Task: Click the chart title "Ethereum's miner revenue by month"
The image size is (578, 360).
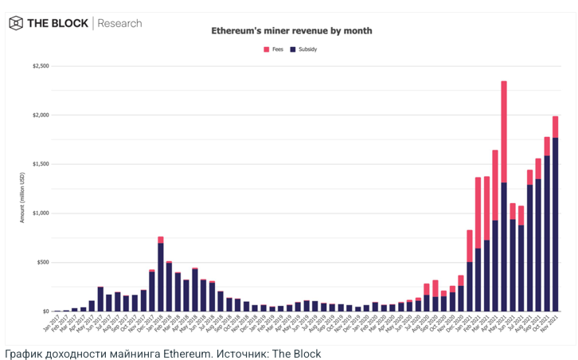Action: tap(291, 31)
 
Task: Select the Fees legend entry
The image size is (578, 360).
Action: tap(273, 49)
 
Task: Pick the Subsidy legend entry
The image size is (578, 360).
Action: tap(303, 49)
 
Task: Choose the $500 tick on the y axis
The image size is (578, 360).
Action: tap(41, 263)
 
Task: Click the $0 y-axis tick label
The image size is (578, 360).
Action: tap(45, 311)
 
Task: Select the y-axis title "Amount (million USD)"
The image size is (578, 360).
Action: tap(22, 189)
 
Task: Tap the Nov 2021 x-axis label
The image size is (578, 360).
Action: tap(551, 322)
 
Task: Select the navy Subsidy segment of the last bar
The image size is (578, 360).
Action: tap(555, 223)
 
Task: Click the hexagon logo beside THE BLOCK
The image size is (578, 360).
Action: tap(15, 23)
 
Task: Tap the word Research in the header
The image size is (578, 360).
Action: tap(119, 23)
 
